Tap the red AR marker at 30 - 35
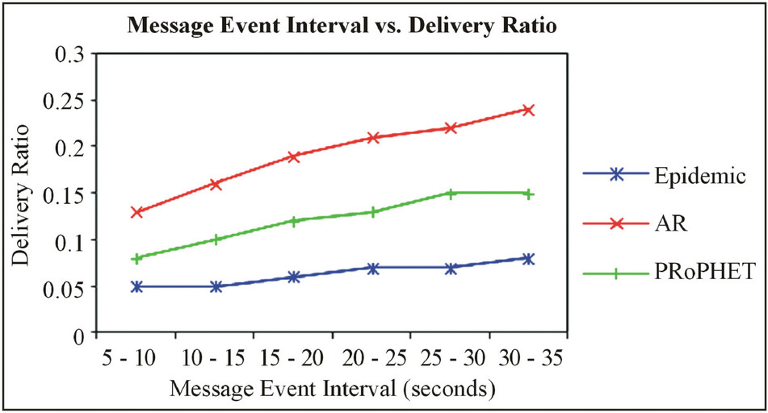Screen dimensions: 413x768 (529, 110)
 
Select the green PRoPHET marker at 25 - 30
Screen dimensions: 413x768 (451, 194)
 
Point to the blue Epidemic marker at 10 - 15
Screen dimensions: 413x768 (216, 286)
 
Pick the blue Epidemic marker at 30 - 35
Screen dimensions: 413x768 (529, 259)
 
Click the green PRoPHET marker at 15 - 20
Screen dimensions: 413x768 (294, 221)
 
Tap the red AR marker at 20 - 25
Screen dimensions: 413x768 (372, 138)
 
